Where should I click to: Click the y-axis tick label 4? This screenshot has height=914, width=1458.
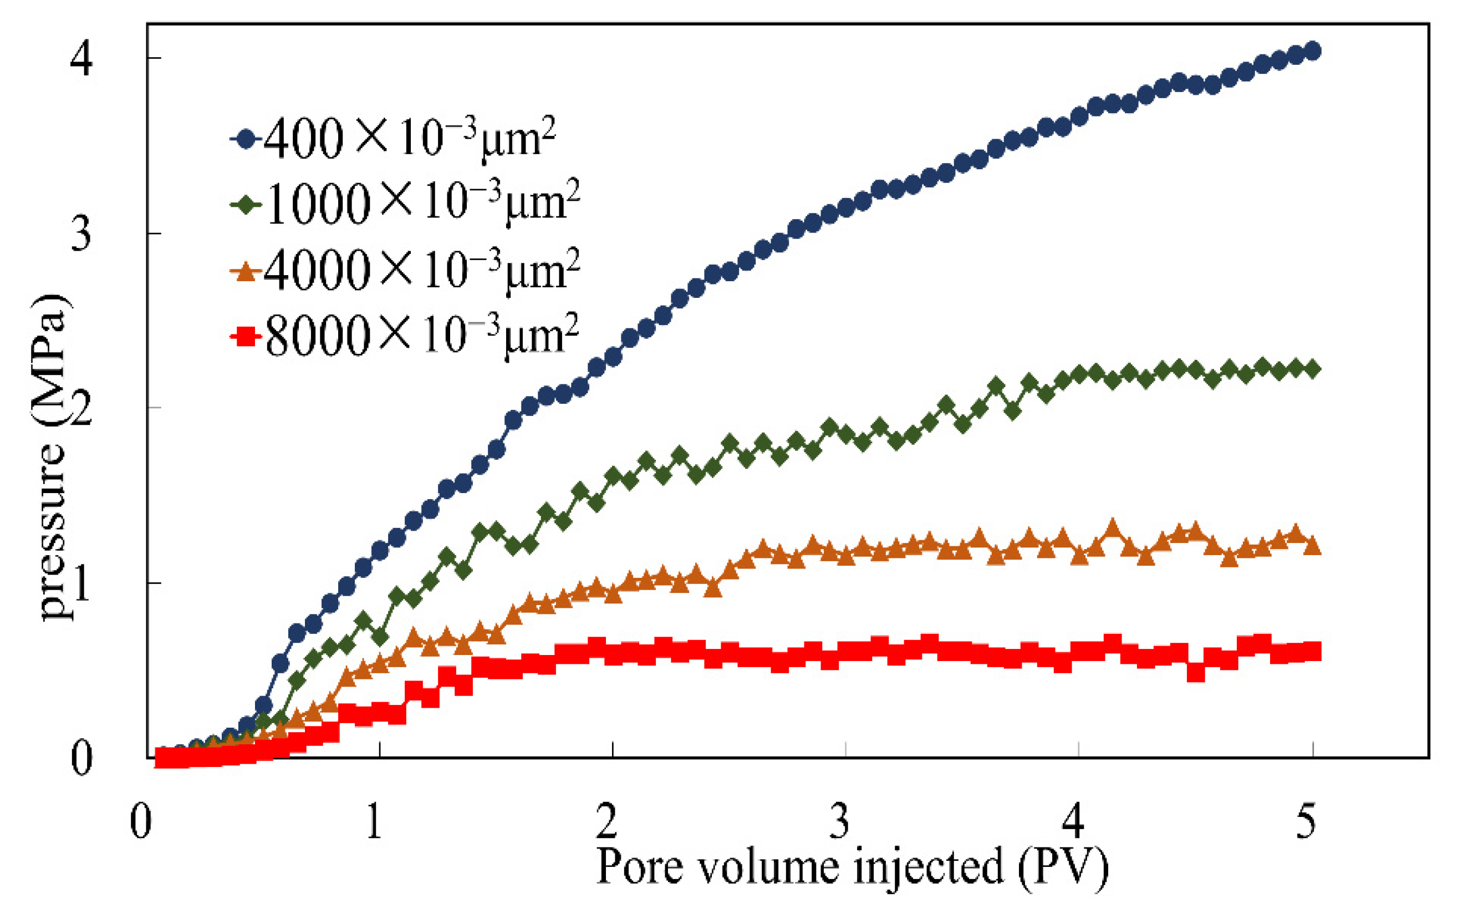click(81, 59)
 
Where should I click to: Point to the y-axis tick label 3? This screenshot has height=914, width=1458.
click(81, 234)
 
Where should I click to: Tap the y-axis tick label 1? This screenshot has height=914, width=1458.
click(81, 584)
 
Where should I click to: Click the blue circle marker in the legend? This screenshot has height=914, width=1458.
click(246, 139)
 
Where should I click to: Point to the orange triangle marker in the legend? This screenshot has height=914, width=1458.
click(246, 272)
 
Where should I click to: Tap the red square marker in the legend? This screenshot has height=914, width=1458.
click(246, 337)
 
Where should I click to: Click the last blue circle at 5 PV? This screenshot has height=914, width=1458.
click(1312, 51)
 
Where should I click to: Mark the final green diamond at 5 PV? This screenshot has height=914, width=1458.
click(1312, 369)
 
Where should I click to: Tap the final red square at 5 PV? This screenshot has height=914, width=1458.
click(1311, 652)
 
